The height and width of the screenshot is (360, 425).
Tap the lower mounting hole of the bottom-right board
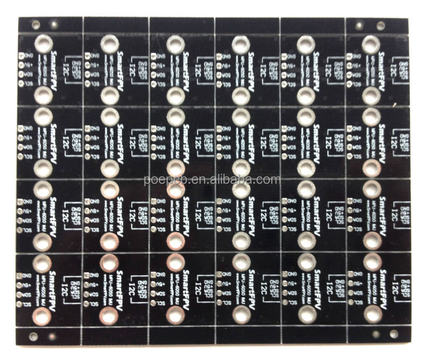click(371, 315)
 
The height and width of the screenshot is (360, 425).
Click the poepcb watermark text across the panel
click(212, 180)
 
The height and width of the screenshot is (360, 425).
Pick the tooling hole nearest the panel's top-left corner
click(35, 24)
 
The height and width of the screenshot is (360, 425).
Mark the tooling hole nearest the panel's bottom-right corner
click(394, 333)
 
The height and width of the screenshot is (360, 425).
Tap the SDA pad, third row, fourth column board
click(219, 220)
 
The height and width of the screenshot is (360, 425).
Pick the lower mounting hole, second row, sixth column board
click(372, 168)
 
